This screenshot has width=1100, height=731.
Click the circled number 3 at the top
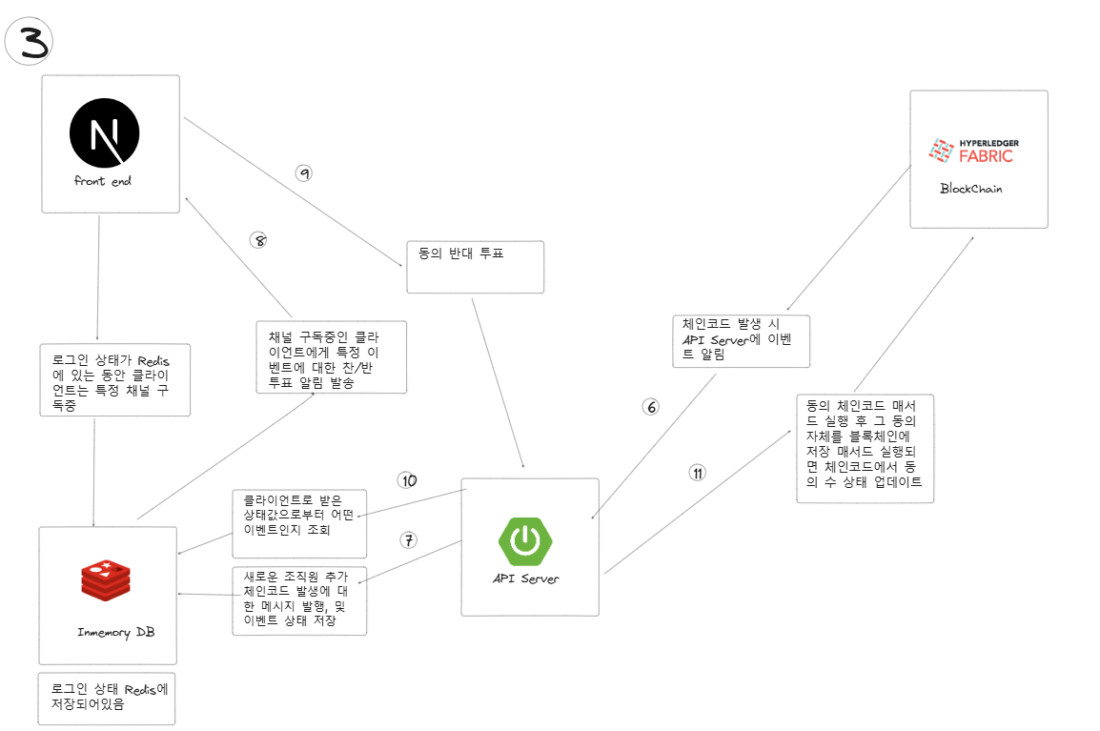[29, 43]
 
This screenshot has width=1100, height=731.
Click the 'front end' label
[102, 181]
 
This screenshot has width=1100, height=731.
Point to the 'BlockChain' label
[970, 189]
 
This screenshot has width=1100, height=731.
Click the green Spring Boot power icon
[524, 540]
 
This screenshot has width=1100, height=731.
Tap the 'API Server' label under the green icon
[525, 579]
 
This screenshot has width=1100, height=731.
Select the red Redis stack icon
[106, 582]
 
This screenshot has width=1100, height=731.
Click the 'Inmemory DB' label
[115, 633]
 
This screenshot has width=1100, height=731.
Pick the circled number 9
[304, 173]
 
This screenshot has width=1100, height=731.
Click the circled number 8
[258, 240]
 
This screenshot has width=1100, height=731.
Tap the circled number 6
[651, 407]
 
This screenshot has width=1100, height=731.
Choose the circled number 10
[408, 480]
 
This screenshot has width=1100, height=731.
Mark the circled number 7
[408, 540]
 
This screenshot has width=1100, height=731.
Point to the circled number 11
[698, 473]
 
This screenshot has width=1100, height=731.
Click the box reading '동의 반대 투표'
[475, 267]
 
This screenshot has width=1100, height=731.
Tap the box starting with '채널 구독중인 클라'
[331, 356]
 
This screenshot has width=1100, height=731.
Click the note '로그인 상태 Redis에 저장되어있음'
[107, 699]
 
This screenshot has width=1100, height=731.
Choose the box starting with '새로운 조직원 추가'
[299, 600]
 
